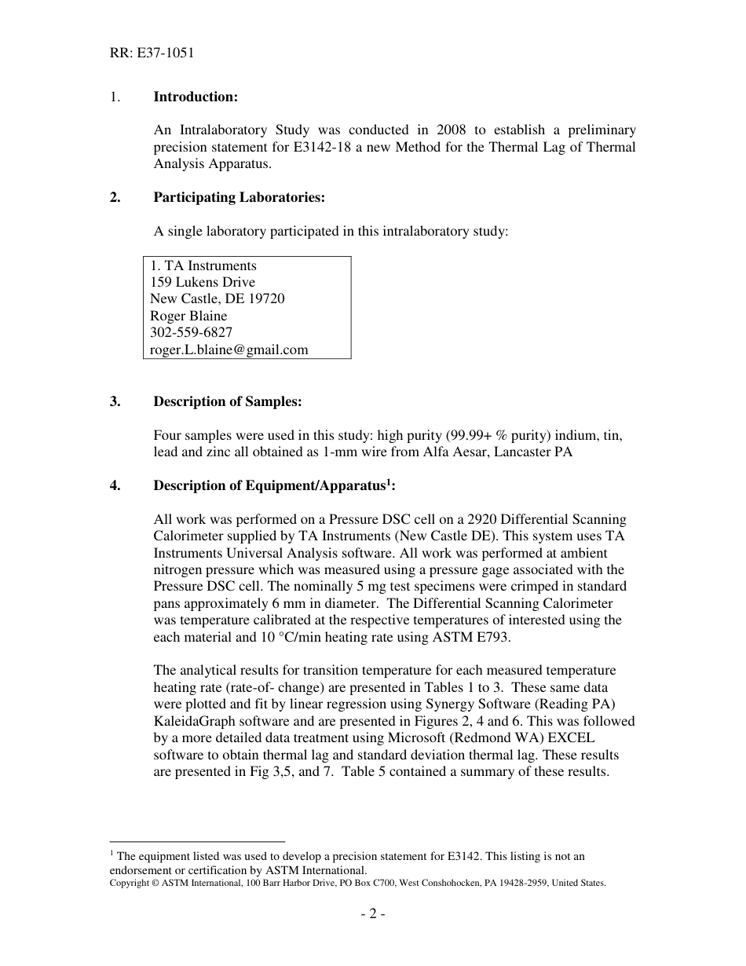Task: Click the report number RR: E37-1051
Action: tap(152, 53)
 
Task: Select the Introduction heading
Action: tap(196, 97)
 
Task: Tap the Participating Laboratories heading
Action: tap(239, 197)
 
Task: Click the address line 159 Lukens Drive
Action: tap(203, 282)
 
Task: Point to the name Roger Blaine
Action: tap(188, 316)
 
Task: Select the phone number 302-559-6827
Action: tap(191, 332)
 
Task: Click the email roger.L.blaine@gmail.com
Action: tap(229, 349)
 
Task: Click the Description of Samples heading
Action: tap(227, 401)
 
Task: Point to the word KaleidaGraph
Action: tap(197, 720)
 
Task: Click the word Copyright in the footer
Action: tap(129, 883)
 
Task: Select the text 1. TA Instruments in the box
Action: tap(203, 265)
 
